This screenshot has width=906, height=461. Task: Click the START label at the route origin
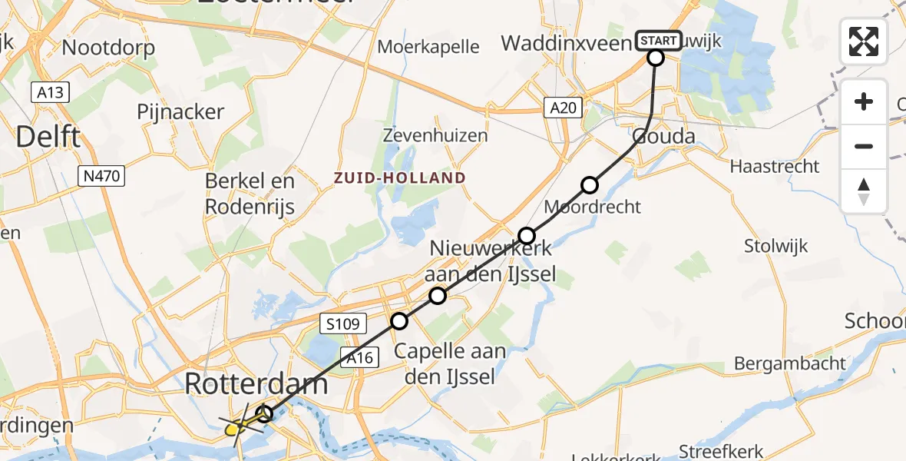tap(658, 40)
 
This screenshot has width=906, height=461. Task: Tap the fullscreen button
tap(864, 41)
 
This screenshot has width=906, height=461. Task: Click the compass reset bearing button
tap(864, 191)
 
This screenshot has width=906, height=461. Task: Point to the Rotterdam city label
tap(256, 383)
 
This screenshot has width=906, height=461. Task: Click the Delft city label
tap(48, 138)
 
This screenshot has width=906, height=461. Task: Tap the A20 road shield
tap(563, 108)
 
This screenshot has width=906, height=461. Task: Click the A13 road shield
tap(51, 93)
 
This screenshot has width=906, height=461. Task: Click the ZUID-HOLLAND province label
tap(399, 178)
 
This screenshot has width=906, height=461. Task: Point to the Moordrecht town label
tap(592, 207)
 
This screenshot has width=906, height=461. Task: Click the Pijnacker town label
tap(180, 111)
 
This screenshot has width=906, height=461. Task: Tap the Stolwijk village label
tap(776, 246)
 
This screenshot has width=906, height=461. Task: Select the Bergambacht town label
tap(790, 363)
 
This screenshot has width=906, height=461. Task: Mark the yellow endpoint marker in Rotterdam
tap(234, 429)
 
